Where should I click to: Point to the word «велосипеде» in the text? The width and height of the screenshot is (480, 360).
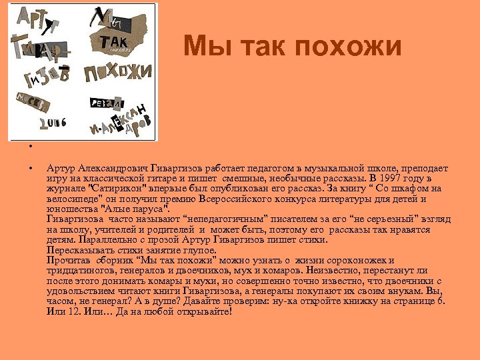coord(72,199)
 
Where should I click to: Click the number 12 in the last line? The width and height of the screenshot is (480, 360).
coord(71,310)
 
